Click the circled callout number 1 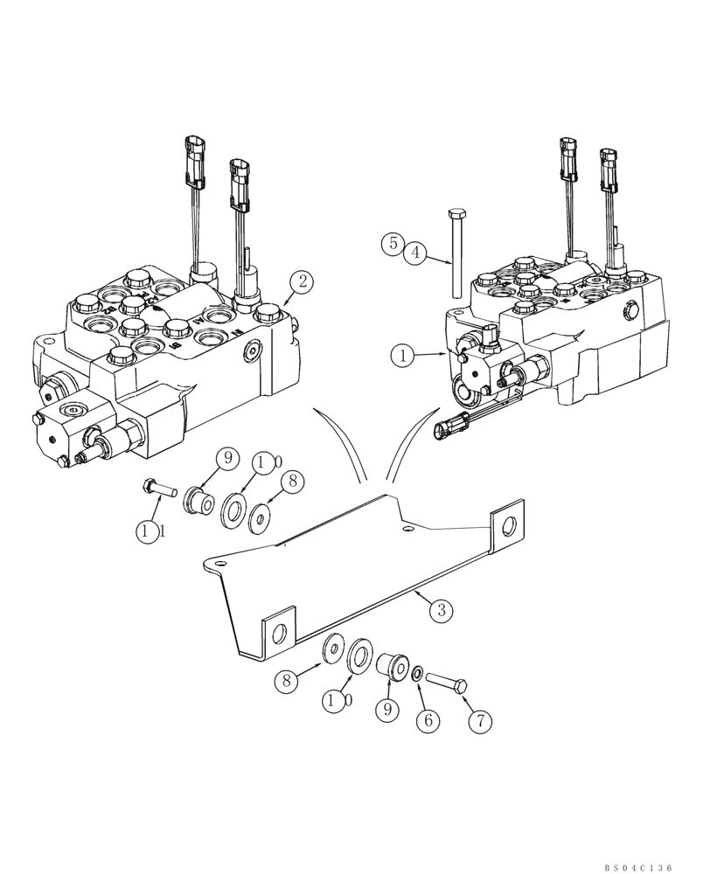click(x=403, y=357)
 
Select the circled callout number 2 click(x=302, y=281)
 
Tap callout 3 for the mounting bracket click(x=442, y=611)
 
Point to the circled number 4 click(x=416, y=253)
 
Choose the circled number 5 click(x=393, y=244)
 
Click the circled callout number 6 click(x=428, y=721)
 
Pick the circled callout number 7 click(x=480, y=721)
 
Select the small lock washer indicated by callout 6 click(x=419, y=673)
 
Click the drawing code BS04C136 click(x=639, y=844)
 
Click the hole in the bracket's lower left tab click(x=278, y=635)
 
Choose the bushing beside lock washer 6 click(x=392, y=668)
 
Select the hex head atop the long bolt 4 click(x=456, y=214)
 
